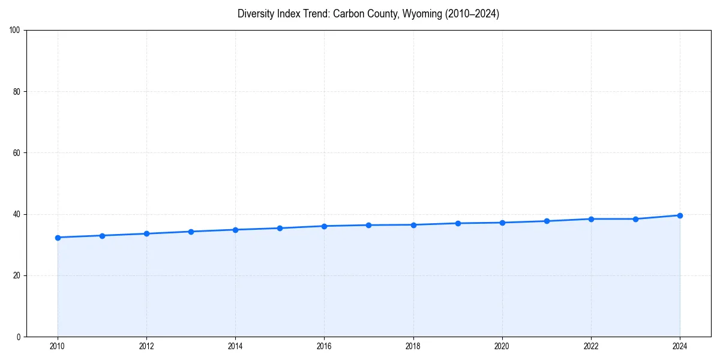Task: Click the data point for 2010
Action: click(58, 238)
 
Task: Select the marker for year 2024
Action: click(680, 215)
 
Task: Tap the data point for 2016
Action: click(324, 226)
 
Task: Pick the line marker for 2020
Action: click(502, 223)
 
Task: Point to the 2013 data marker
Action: click(191, 232)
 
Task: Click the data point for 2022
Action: click(591, 219)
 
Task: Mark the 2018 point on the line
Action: click(413, 225)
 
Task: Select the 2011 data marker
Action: click(102, 236)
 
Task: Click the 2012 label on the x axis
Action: click(146, 346)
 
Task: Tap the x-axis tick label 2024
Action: click(680, 346)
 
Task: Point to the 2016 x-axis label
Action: click(324, 346)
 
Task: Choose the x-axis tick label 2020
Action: click(502, 346)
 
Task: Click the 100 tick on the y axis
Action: click(16, 31)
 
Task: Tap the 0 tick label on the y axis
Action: click(19, 337)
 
